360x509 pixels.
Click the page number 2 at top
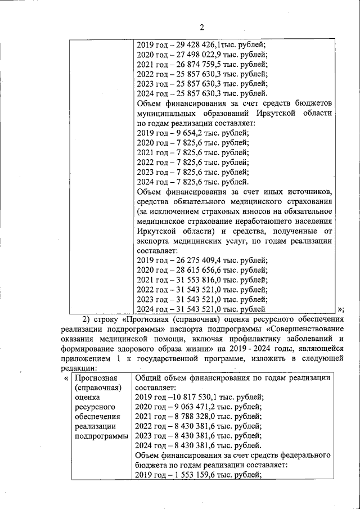click(201, 27)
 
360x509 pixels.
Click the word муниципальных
click(167, 113)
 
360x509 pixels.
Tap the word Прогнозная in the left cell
click(96, 378)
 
